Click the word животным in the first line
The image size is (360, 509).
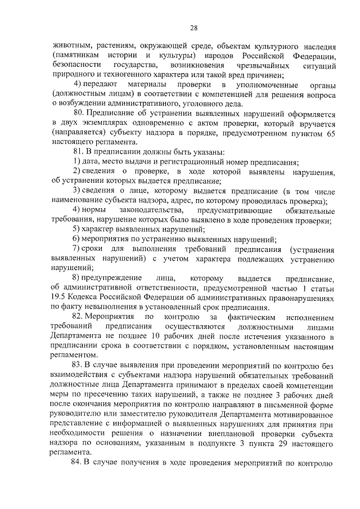coord(69,46)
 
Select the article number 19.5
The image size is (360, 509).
coord(59,299)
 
